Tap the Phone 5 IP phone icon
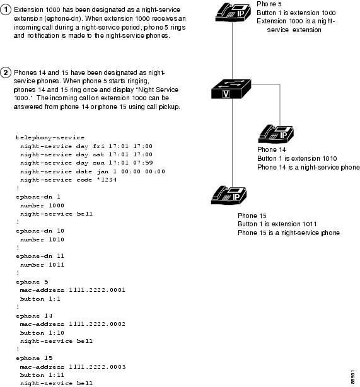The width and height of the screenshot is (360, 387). click(x=232, y=13)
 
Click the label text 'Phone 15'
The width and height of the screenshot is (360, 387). click(x=251, y=216)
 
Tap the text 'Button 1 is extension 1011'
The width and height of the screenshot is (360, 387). click(x=277, y=224)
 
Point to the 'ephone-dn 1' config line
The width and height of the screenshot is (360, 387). click(x=37, y=197)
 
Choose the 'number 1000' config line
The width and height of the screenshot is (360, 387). click(x=42, y=205)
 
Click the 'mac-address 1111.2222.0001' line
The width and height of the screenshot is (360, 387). click(x=73, y=290)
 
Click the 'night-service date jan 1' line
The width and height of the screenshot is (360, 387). click(x=92, y=171)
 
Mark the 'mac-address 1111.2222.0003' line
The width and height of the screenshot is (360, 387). click(x=73, y=366)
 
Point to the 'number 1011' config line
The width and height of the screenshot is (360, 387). click(x=42, y=265)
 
